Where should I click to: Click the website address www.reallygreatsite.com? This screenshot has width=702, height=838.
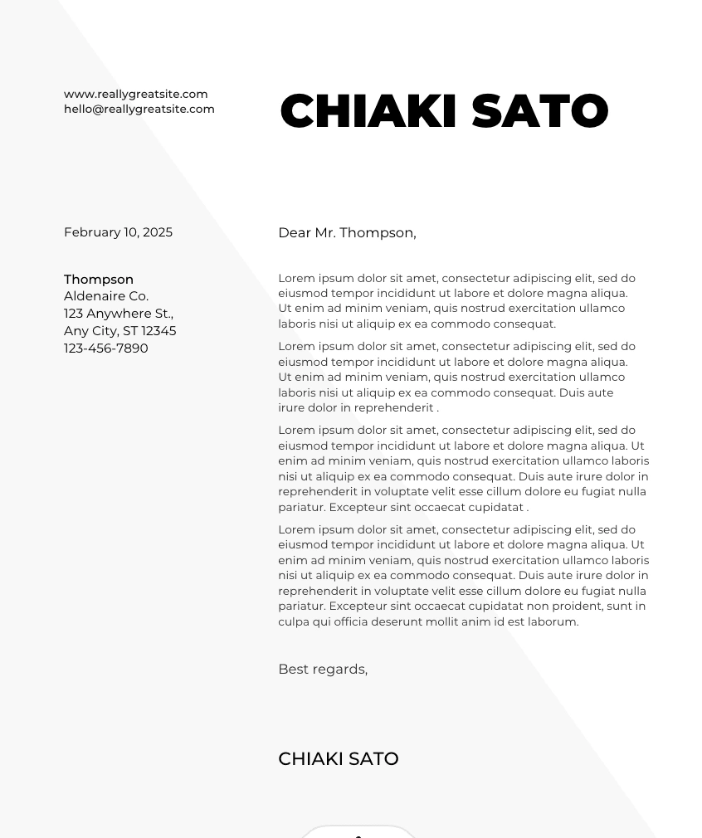click(x=136, y=94)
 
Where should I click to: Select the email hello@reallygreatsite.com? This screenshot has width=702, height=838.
click(x=139, y=109)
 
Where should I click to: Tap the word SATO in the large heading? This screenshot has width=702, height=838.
click(x=540, y=111)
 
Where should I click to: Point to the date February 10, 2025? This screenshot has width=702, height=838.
click(x=118, y=232)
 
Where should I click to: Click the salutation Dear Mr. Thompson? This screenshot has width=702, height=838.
click(x=347, y=233)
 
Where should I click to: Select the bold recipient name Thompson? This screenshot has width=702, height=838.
click(x=99, y=280)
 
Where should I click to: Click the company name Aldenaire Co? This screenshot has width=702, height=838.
click(x=106, y=296)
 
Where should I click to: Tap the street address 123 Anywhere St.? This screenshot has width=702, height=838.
click(x=119, y=314)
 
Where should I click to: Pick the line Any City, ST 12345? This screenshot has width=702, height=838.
click(x=120, y=331)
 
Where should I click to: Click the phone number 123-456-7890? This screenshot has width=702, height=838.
click(x=106, y=348)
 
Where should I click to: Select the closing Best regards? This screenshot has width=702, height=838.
click(x=323, y=670)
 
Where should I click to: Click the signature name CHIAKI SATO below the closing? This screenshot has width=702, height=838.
click(x=339, y=759)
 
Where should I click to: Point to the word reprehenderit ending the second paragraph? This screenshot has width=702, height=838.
click(x=397, y=408)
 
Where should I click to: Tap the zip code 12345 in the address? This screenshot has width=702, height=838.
click(x=159, y=331)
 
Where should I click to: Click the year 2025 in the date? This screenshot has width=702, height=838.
click(x=158, y=232)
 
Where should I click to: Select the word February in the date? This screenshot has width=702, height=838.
click(x=92, y=232)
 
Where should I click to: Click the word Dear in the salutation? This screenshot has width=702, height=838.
click(x=295, y=233)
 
